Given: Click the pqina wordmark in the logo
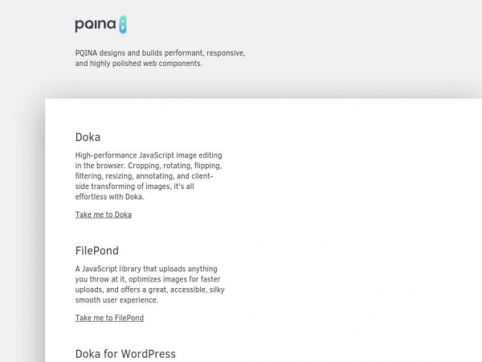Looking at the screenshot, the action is [95, 25].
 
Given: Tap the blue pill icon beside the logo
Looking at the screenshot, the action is [122, 25].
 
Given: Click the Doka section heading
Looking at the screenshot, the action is [88, 137].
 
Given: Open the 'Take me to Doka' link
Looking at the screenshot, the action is [103, 215].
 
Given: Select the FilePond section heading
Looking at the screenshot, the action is [96, 251].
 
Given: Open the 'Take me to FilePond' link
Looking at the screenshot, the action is [109, 318].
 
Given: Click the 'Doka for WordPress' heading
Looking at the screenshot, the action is [125, 354].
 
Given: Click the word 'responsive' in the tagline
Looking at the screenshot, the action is [224, 52].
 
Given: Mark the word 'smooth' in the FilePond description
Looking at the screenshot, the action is [89, 300].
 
